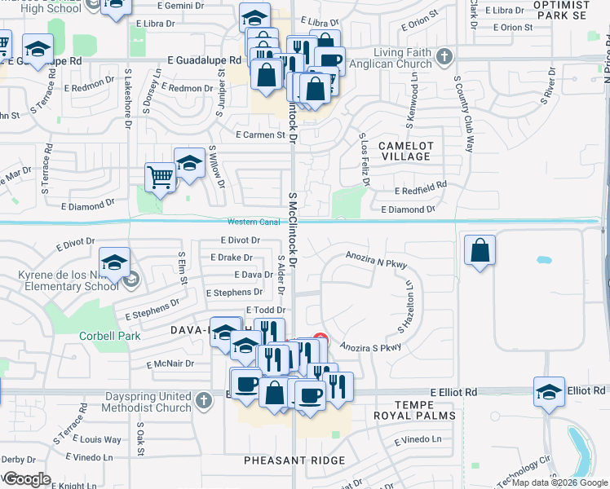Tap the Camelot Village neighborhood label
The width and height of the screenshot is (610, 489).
(x=405, y=151)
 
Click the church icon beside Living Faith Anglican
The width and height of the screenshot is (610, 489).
(x=444, y=57)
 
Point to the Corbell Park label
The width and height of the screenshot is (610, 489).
(x=109, y=336)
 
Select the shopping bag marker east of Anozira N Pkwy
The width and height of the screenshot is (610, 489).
(x=480, y=251)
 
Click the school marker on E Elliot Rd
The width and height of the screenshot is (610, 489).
(x=550, y=391)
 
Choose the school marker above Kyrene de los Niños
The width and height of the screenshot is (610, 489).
(x=114, y=262)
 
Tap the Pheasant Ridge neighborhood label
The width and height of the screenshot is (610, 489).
(x=294, y=460)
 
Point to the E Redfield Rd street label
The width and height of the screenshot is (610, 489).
(x=420, y=186)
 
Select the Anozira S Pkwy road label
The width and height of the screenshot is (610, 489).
(x=371, y=346)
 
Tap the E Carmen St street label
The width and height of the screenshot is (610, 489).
(x=261, y=135)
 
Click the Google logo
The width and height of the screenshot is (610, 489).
(x=27, y=479)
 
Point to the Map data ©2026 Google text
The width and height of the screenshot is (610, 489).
(x=559, y=482)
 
